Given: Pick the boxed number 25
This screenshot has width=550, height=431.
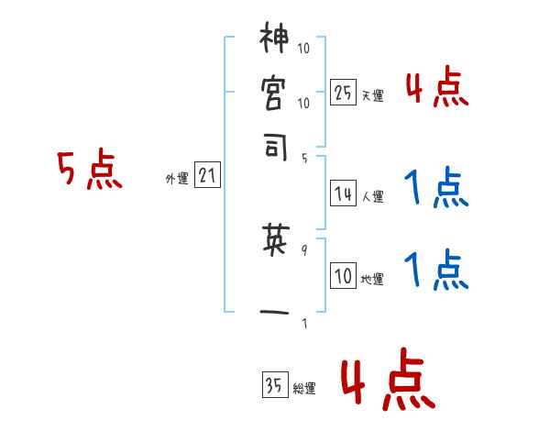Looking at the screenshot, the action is pos(343,93).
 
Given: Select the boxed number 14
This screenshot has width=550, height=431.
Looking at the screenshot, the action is pos(343,193).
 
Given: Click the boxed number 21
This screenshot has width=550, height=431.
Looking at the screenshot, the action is pos(207,177).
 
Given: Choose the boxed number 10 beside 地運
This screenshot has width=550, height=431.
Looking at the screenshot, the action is pos(343,276).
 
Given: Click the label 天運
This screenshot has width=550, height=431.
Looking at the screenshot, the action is pos(372,95).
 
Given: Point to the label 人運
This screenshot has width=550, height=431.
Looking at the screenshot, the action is pos(372,196).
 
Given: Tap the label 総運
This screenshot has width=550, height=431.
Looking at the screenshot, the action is pos(304,389).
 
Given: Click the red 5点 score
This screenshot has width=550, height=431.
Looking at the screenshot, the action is pos(91,171).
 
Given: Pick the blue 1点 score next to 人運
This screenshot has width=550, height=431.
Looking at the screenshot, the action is pos(436,188).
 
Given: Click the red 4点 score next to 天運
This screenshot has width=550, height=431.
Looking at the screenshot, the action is pos(436,88).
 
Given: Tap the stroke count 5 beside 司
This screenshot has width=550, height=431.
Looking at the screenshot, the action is pos(304,157).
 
